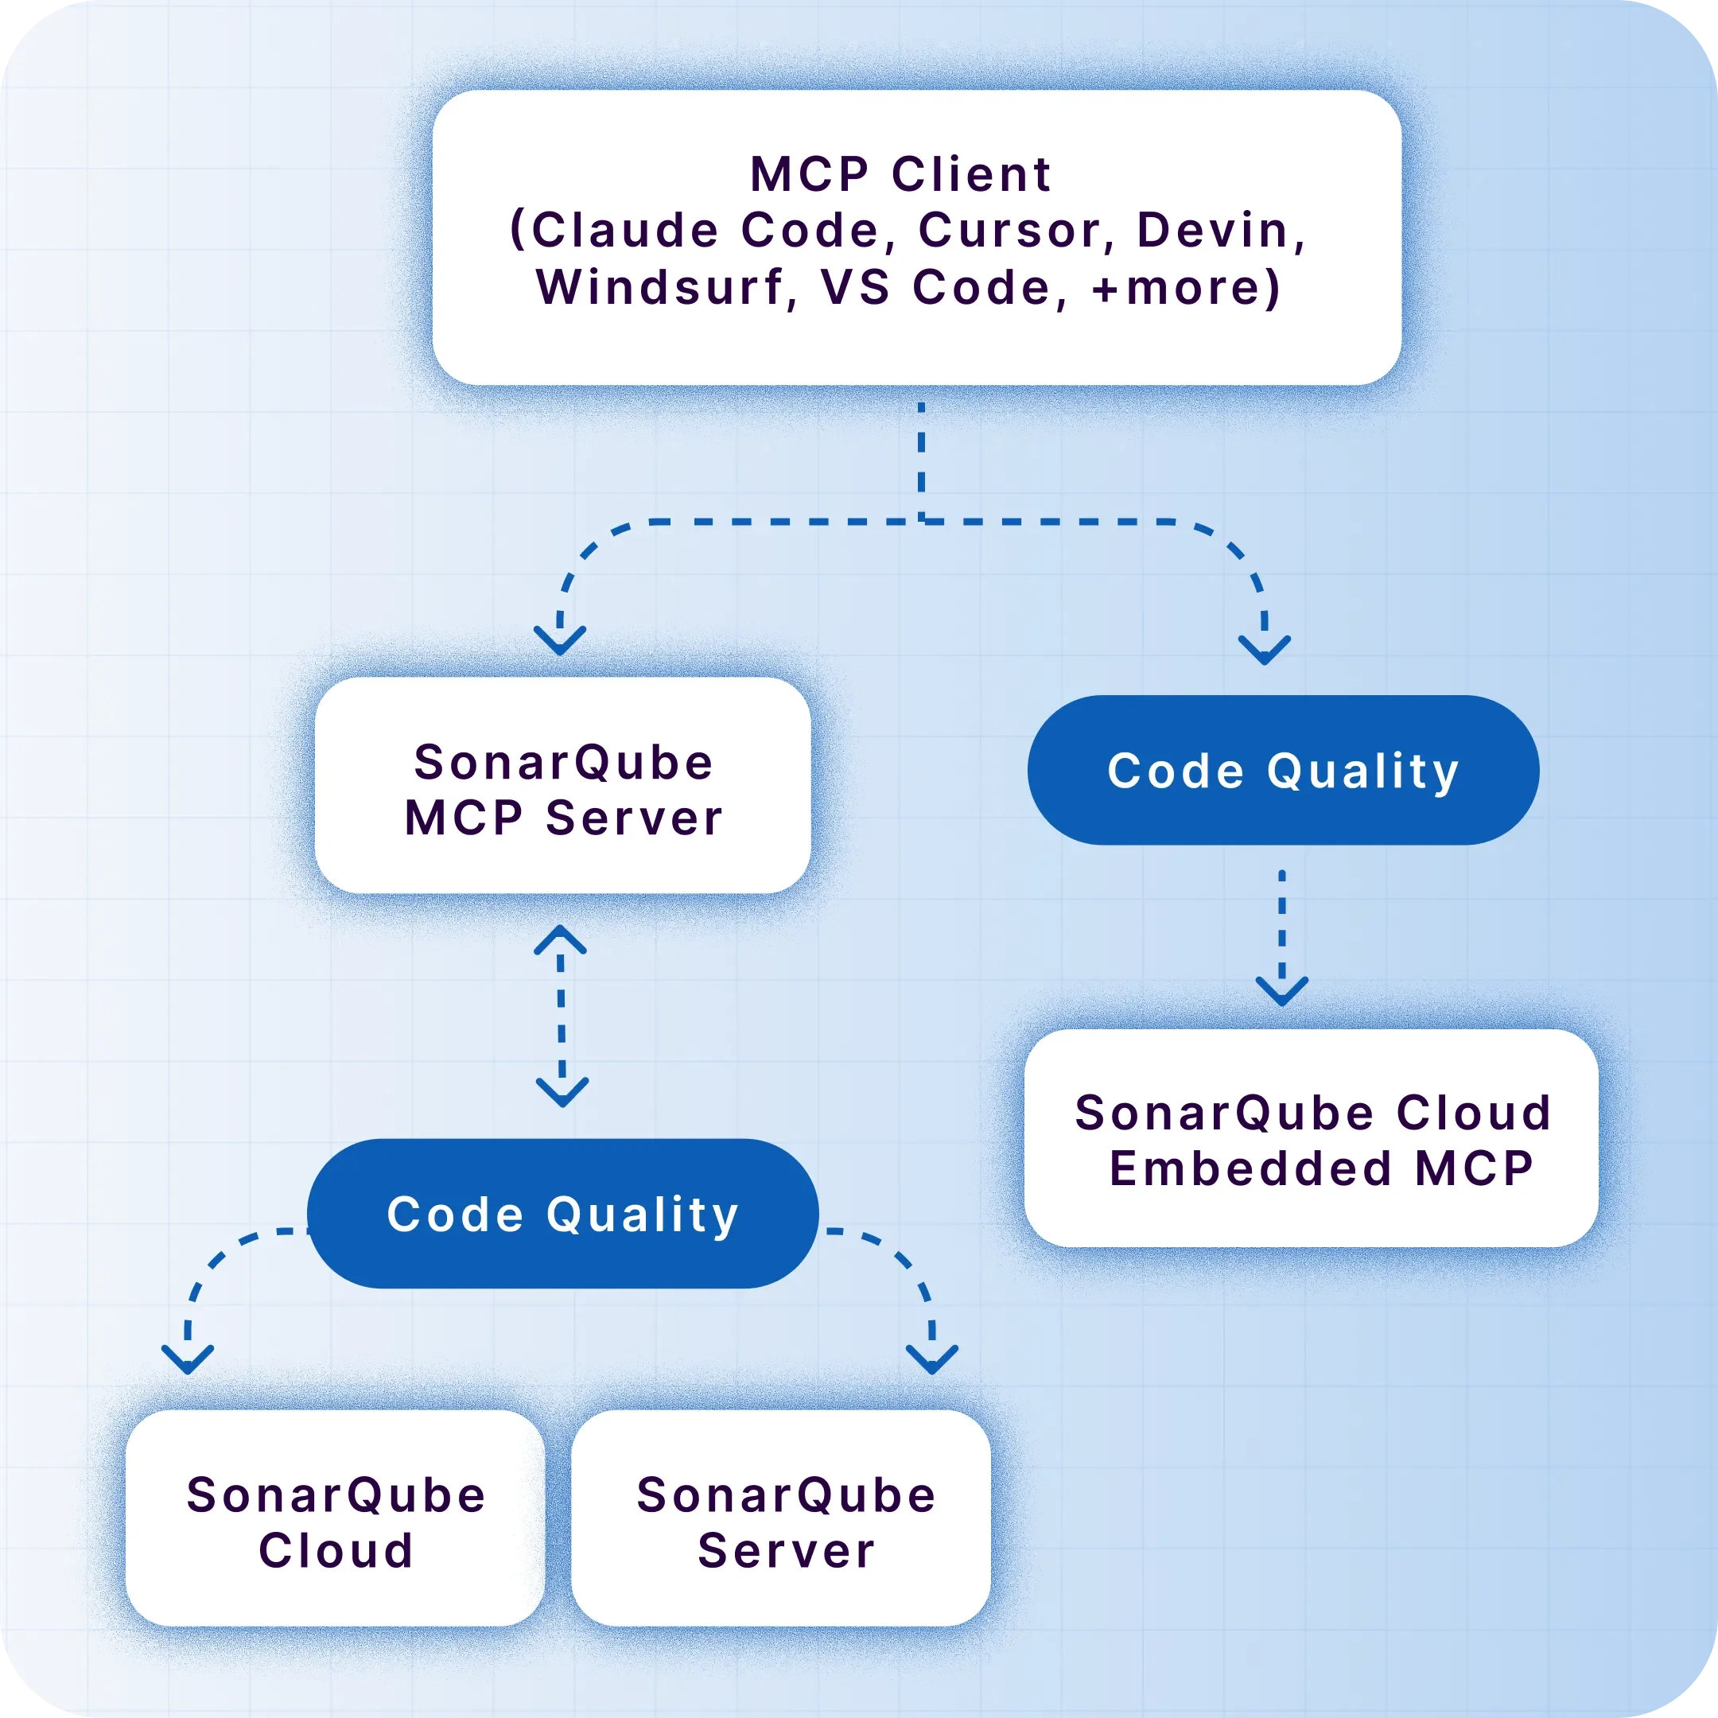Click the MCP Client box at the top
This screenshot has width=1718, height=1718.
coord(917,238)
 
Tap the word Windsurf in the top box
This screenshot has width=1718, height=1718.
coord(659,287)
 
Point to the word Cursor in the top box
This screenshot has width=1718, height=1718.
coord(1008,231)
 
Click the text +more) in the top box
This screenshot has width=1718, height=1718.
coord(1186,287)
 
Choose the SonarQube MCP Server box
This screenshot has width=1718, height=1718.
coord(563,786)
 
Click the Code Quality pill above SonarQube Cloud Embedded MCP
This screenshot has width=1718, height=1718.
coord(1283,770)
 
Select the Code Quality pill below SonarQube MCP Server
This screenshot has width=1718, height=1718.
coord(563,1214)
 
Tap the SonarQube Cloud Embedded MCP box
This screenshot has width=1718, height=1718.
coord(1312,1138)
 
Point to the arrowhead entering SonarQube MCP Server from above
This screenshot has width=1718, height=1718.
coord(560,640)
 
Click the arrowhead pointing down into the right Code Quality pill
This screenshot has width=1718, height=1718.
coord(1265,649)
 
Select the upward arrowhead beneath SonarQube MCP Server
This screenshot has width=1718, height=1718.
coord(560,940)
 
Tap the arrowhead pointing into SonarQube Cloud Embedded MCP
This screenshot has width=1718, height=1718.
coord(1282,990)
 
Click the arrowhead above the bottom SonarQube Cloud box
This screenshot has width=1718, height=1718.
coord(188,1359)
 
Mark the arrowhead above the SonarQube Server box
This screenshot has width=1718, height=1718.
coord(932,1359)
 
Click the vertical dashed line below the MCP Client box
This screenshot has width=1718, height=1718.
coord(921,461)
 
